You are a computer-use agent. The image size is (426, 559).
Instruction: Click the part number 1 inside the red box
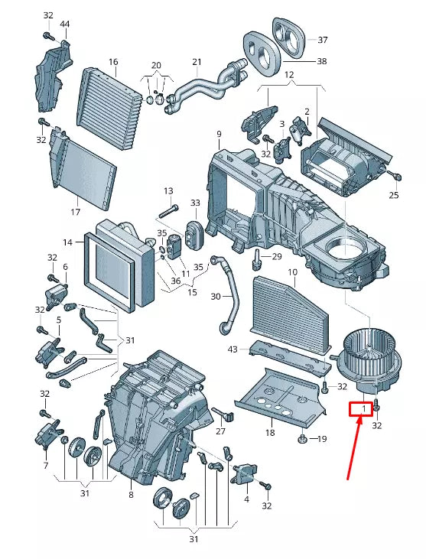point(363,409)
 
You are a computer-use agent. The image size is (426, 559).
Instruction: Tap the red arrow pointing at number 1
point(354,448)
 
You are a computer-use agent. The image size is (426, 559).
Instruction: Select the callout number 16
point(113,62)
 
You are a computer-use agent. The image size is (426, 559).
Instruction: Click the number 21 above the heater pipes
point(197,62)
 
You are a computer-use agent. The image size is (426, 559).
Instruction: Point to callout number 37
point(322,40)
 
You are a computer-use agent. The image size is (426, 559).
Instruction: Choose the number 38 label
point(321,61)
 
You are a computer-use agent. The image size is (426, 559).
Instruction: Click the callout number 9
point(219,134)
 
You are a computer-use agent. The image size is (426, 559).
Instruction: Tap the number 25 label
point(394,195)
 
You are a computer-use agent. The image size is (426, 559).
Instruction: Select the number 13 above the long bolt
point(168,191)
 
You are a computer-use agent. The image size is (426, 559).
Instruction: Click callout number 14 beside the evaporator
point(68,242)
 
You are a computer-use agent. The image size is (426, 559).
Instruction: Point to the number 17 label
point(75,212)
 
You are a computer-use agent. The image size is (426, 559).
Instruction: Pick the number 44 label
point(64,24)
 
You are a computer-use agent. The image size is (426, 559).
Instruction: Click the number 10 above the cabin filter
point(292,272)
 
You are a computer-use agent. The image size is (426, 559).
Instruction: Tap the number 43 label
point(233,349)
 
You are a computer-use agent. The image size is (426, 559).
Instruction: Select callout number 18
point(270,432)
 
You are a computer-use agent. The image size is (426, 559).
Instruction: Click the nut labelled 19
point(302,438)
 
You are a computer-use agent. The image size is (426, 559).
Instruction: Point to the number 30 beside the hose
point(216,296)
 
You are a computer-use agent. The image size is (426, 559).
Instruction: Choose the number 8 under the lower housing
point(132,495)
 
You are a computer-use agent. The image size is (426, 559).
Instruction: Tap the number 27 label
point(221,431)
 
